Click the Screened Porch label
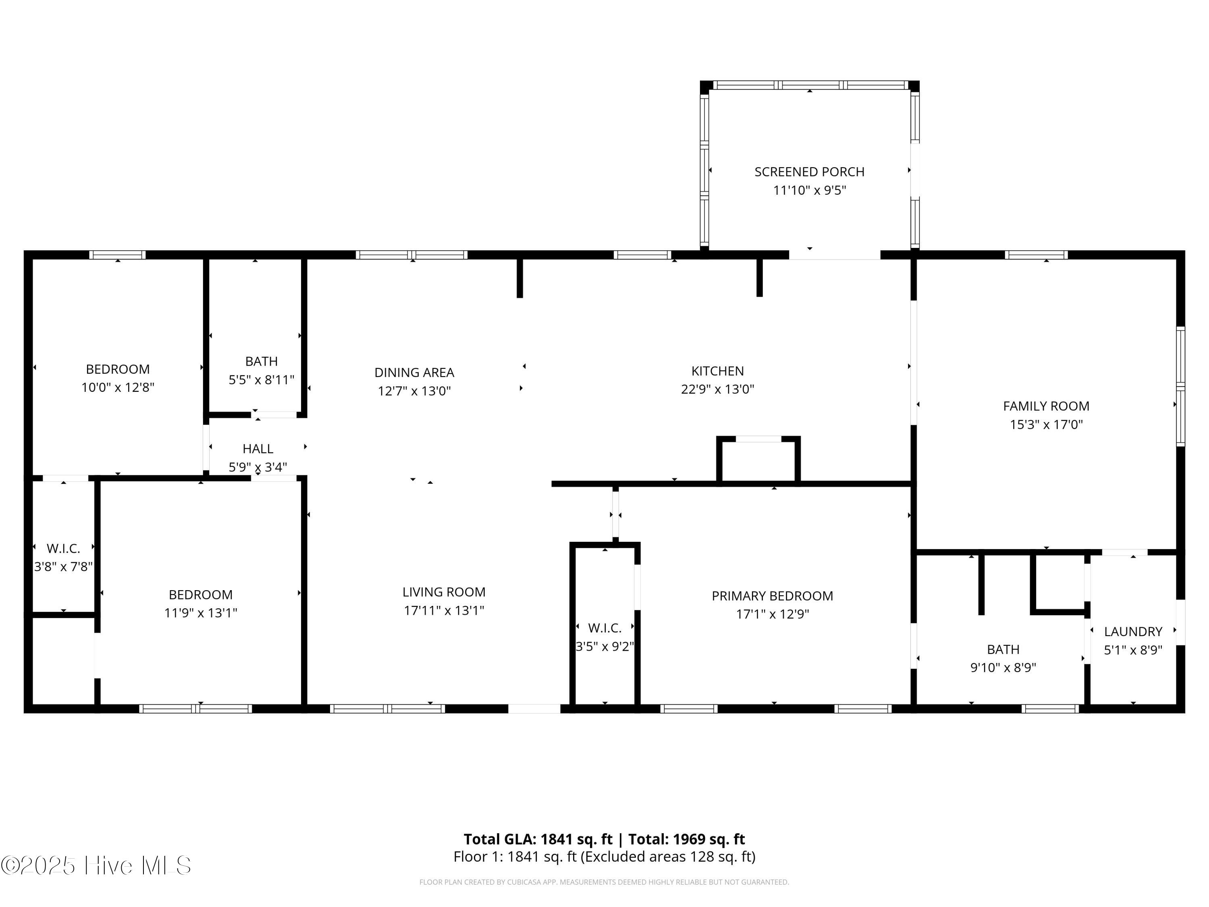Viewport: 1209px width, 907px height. pyautogui.click(x=810, y=172)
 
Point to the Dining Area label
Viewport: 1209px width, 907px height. pyautogui.click(x=414, y=373)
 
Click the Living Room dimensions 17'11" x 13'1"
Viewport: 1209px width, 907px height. pyautogui.click(x=444, y=611)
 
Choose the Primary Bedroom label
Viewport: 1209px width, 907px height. pyautogui.click(x=772, y=596)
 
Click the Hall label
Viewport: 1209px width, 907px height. pyautogui.click(x=258, y=449)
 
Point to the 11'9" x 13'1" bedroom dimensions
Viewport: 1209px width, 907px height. pyautogui.click(x=201, y=613)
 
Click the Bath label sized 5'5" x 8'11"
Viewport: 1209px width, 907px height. pyautogui.click(x=261, y=361)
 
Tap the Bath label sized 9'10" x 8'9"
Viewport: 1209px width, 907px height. pyautogui.click(x=1003, y=649)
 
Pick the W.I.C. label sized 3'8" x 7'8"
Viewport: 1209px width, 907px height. pyautogui.click(x=63, y=548)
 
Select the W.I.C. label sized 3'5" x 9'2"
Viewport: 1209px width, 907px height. pyautogui.click(x=604, y=628)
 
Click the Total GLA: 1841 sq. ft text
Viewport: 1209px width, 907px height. pyautogui.click(x=538, y=839)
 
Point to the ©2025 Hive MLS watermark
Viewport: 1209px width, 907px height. pyautogui.click(x=96, y=865)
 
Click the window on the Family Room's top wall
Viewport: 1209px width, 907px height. pyautogui.click(x=1036, y=255)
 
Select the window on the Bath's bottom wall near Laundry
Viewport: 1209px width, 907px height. pyautogui.click(x=1050, y=709)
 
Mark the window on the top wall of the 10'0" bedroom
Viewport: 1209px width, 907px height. pyautogui.click(x=118, y=255)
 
